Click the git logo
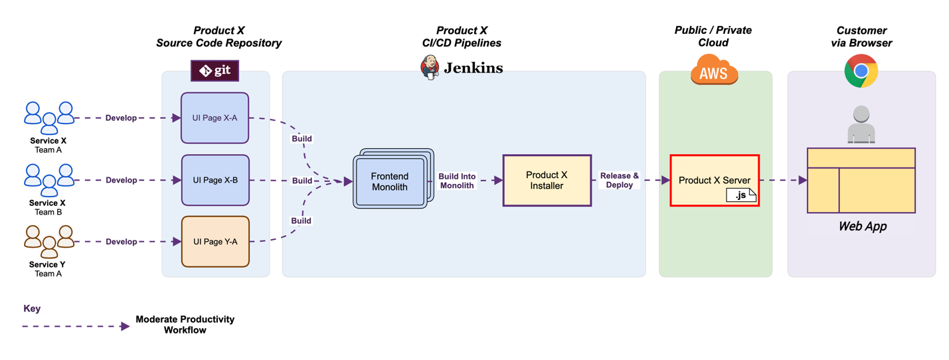tap(215, 70)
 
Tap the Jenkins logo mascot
tap(430, 67)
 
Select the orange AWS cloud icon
tap(714, 70)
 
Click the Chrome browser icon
tap(861, 71)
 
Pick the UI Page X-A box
tap(215, 118)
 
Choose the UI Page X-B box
tap(215, 180)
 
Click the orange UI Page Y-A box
tap(215, 242)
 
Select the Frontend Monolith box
tap(390, 181)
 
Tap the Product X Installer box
tap(547, 180)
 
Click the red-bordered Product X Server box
tap(714, 180)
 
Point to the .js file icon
tap(741, 195)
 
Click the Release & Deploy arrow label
tap(619, 180)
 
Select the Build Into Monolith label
tap(457, 181)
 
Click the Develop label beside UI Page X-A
tap(121, 118)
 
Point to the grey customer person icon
tap(861, 125)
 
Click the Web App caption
tap(862, 226)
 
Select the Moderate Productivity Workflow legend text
tap(185, 324)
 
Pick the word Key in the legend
tap(32, 309)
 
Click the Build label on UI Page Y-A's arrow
tap(301, 221)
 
